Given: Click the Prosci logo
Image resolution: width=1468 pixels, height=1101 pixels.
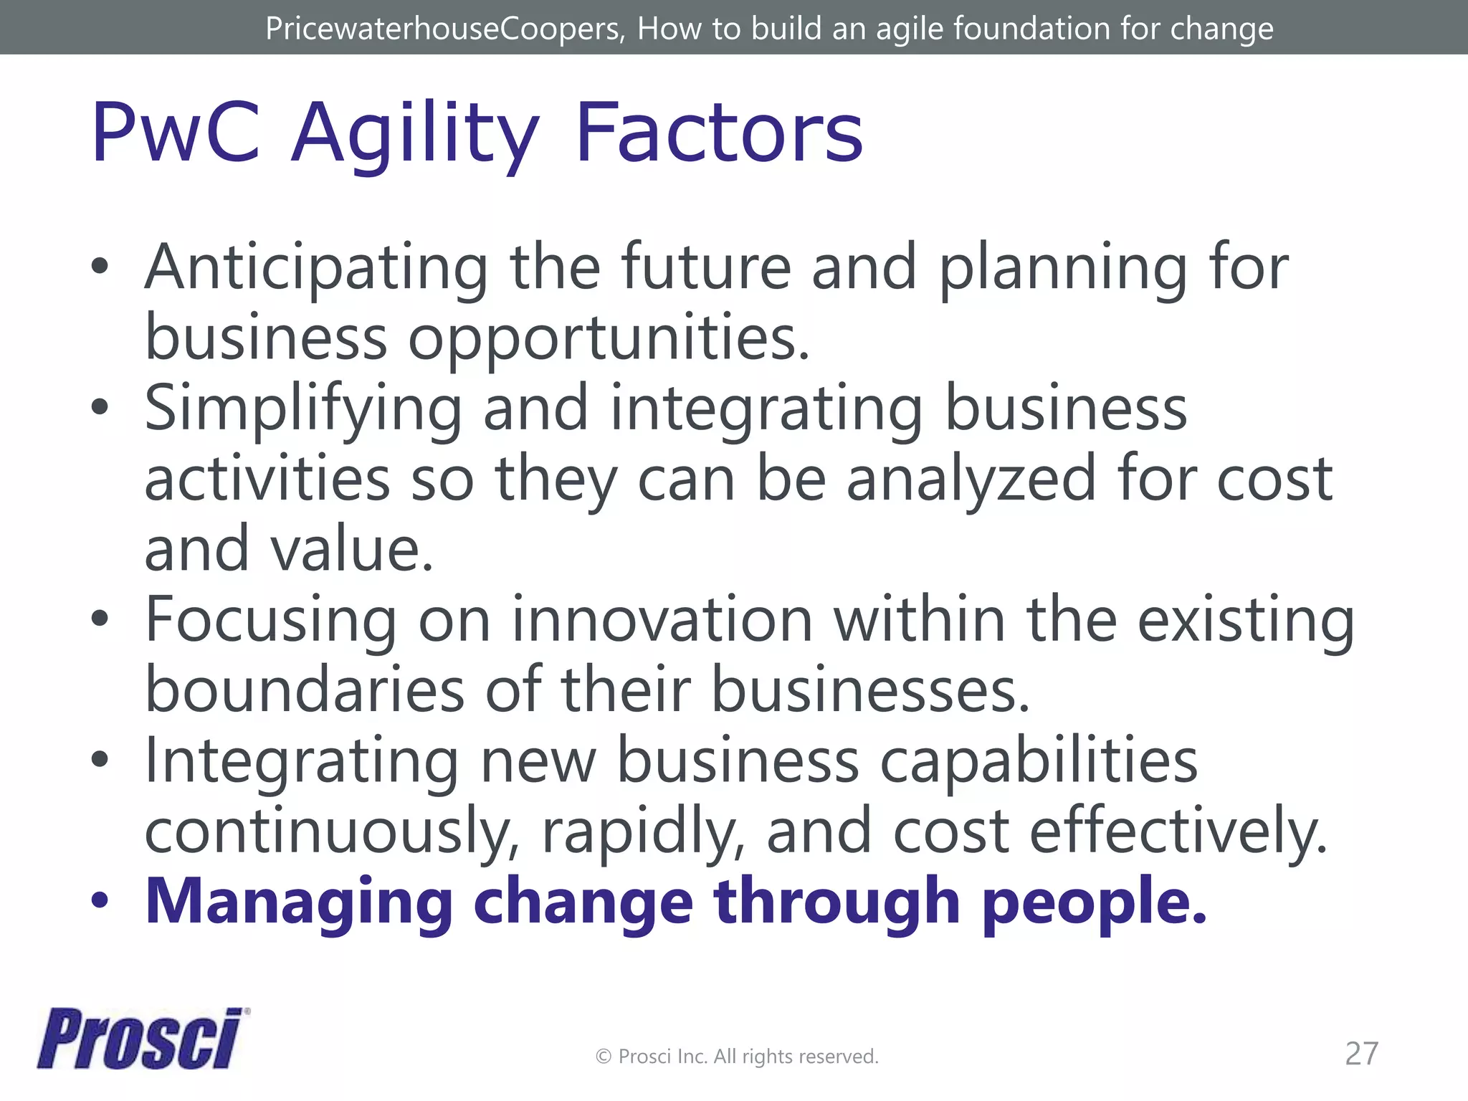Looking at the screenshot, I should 140,1039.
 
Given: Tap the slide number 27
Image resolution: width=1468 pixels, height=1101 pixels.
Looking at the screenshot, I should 1361,1054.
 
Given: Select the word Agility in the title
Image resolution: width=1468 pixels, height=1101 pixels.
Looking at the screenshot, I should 415,134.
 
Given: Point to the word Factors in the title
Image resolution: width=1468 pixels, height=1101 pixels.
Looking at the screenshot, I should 719,134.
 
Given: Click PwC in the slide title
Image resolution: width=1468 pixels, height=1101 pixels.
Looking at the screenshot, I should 176,134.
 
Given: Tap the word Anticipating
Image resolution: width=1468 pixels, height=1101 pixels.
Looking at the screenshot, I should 316,268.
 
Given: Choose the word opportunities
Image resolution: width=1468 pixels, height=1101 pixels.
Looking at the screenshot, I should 609,338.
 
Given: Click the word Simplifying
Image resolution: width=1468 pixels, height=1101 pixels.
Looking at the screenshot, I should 303,409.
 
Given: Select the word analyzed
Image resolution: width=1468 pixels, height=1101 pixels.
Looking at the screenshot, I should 971,479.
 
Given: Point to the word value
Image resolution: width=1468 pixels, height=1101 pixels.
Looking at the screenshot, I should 352,549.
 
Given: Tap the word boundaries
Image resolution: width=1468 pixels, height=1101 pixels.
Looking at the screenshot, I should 305,690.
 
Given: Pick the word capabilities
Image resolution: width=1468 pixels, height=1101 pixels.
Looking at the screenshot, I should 1039,761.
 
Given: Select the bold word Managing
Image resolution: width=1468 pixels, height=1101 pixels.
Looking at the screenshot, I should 299,903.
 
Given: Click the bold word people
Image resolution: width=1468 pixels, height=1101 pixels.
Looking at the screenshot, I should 1094,903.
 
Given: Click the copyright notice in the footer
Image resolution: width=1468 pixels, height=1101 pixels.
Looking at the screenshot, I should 737,1057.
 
